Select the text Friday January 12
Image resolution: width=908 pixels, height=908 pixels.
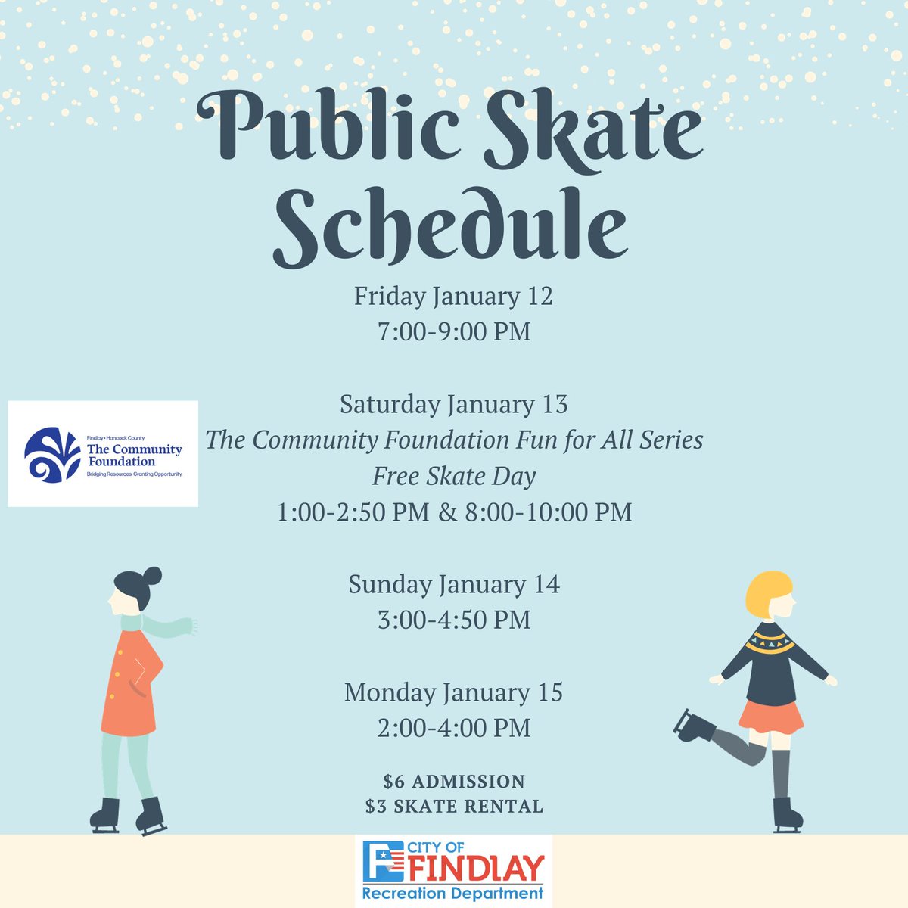(453, 296)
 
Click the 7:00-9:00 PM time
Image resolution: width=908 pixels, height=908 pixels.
(454, 331)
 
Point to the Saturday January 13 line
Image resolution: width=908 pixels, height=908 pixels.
(453, 404)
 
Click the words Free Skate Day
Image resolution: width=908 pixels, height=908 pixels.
(454, 476)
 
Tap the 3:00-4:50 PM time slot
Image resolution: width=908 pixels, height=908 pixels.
(454, 620)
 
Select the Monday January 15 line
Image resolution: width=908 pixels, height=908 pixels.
(453, 692)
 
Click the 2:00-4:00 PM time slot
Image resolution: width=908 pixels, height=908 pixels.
(454, 728)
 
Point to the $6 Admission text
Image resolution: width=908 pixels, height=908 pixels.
(454, 781)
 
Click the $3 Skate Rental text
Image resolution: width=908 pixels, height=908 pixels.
(454, 807)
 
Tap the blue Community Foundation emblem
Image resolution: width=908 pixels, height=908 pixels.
(51, 455)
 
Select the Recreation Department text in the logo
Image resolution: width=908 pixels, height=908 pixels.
(453, 894)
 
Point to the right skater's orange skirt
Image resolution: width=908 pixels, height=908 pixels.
(770, 715)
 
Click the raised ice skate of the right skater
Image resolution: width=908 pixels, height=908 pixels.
(692, 726)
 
